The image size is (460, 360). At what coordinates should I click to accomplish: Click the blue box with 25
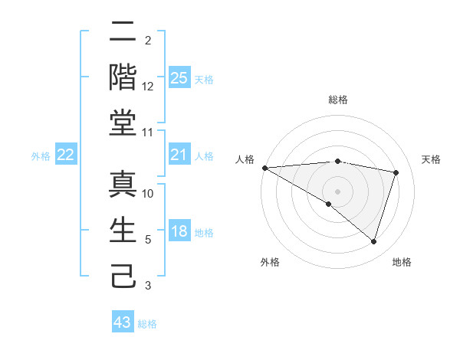click(179, 77)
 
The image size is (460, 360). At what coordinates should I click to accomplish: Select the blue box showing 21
click(179, 155)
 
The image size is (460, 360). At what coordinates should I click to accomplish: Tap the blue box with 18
click(179, 232)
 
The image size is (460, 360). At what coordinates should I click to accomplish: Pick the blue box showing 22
click(65, 155)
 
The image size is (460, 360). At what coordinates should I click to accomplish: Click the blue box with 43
click(123, 322)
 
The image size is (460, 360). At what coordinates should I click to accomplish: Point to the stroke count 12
click(148, 87)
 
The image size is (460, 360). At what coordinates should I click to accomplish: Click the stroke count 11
click(148, 133)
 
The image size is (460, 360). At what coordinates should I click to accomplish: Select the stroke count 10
click(148, 194)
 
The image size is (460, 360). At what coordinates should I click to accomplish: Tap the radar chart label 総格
click(337, 100)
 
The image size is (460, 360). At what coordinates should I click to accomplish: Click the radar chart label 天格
click(432, 159)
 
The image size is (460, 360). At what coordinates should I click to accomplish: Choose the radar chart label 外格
click(270, 262)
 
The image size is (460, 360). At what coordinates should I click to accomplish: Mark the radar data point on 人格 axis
click(264, 168)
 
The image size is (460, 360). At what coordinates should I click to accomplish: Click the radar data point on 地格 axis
click(373, 242)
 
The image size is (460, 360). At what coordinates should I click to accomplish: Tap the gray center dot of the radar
click(337, 191)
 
